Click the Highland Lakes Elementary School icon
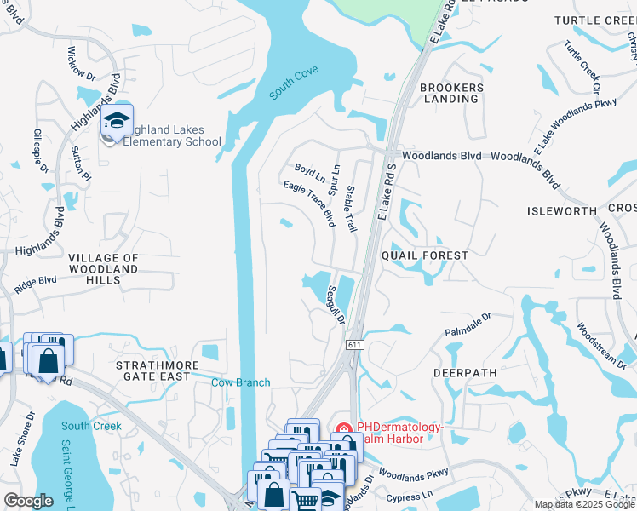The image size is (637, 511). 118,121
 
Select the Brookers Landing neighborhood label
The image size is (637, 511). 451,93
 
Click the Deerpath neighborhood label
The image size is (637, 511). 463,372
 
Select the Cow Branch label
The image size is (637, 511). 241,382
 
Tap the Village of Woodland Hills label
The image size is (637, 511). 102,263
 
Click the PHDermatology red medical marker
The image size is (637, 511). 344,430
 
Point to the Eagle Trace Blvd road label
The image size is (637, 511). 308,204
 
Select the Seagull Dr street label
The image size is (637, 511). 335,305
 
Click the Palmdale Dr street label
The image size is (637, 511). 468,324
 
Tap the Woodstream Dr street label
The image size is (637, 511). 601,345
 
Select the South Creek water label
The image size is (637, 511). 91,426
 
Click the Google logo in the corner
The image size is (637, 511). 28,501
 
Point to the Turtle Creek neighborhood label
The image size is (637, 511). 594,20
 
